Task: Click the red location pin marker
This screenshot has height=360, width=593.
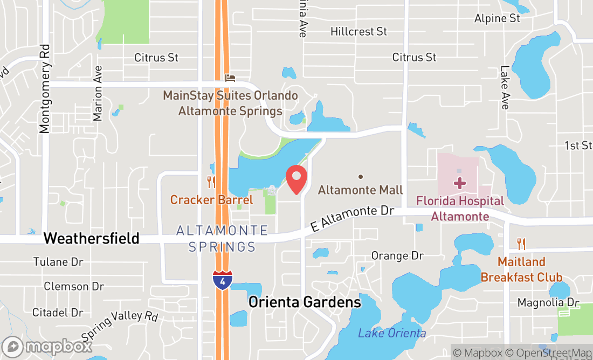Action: pyautogui.click(x=296, y=179)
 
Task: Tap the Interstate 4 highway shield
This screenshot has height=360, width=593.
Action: pyautogui.click(x=223, y=281)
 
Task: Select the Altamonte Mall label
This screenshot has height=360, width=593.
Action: pyautogui.click(x=360, y=190)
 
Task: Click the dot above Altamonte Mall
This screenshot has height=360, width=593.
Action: pyautogui.click(x=360, y=176)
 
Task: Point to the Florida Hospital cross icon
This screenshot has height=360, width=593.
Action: pyautogui.click(x=459, y=183)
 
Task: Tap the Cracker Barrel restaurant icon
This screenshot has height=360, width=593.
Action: pyautogui.click(x=211, y=182)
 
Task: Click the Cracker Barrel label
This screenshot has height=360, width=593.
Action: pyautogui.click(x=211, y=200)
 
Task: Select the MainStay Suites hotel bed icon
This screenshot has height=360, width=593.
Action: pyautogui.click(x=230, y=79)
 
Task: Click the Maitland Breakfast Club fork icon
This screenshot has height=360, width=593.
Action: pyautogui.click(x=521, y=244)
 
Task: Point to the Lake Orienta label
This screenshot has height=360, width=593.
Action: pyautogui.click(x=392, y=333)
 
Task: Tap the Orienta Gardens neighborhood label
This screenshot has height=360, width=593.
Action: pyautogui.click(x=305, y=302)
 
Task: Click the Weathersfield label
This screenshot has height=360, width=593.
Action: pyautogui.click(x=92, y=238)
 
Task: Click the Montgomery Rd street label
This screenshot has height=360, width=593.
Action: pyautogui.click(x=45, y=96)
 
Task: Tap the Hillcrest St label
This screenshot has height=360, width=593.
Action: pyautogui.click(x=358, y=32)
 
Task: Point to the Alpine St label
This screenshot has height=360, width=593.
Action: pyautogui.click(x=497, y=18)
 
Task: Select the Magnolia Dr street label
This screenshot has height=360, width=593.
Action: pyautogui.click(x=548, y=302)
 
